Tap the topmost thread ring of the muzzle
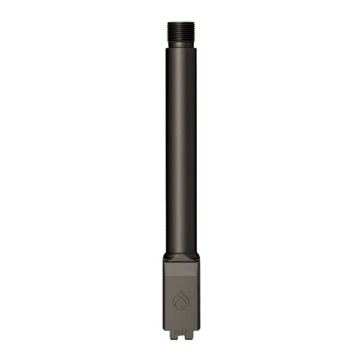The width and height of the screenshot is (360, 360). coord(181,23)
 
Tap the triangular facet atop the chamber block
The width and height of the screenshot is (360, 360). coord(181,259)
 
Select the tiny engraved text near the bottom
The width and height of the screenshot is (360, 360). coord(181,331)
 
